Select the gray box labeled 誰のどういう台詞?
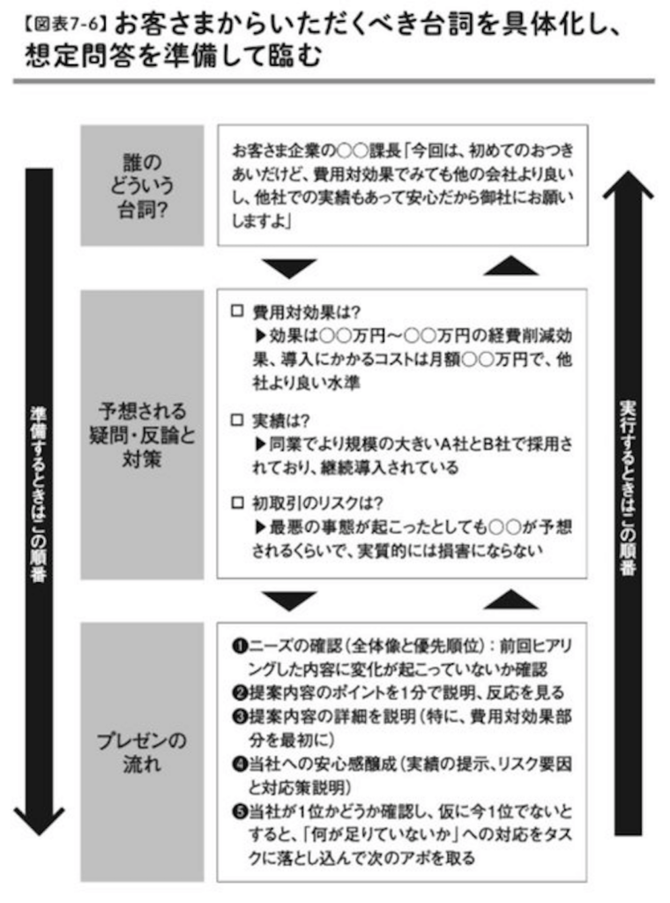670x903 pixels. (142, 185)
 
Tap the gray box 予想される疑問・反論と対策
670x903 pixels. (142, 434)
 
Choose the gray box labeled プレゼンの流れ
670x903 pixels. (142, 751)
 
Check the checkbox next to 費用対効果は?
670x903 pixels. (237, 311)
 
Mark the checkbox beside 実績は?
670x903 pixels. (237, 420)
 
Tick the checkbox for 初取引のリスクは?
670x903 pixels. (237, 503)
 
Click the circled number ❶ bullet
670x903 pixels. (240, 646)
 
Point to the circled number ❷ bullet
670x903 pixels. (240, 693)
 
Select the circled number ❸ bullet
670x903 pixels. (240, 717)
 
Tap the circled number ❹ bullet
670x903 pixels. (240, 765)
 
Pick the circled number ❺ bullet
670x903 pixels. (240, 812)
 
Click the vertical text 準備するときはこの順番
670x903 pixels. (39, 494)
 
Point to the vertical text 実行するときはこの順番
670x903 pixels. (628, 487)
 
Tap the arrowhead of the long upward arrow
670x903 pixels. (628, 184)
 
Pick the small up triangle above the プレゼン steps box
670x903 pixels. (511, 599)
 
